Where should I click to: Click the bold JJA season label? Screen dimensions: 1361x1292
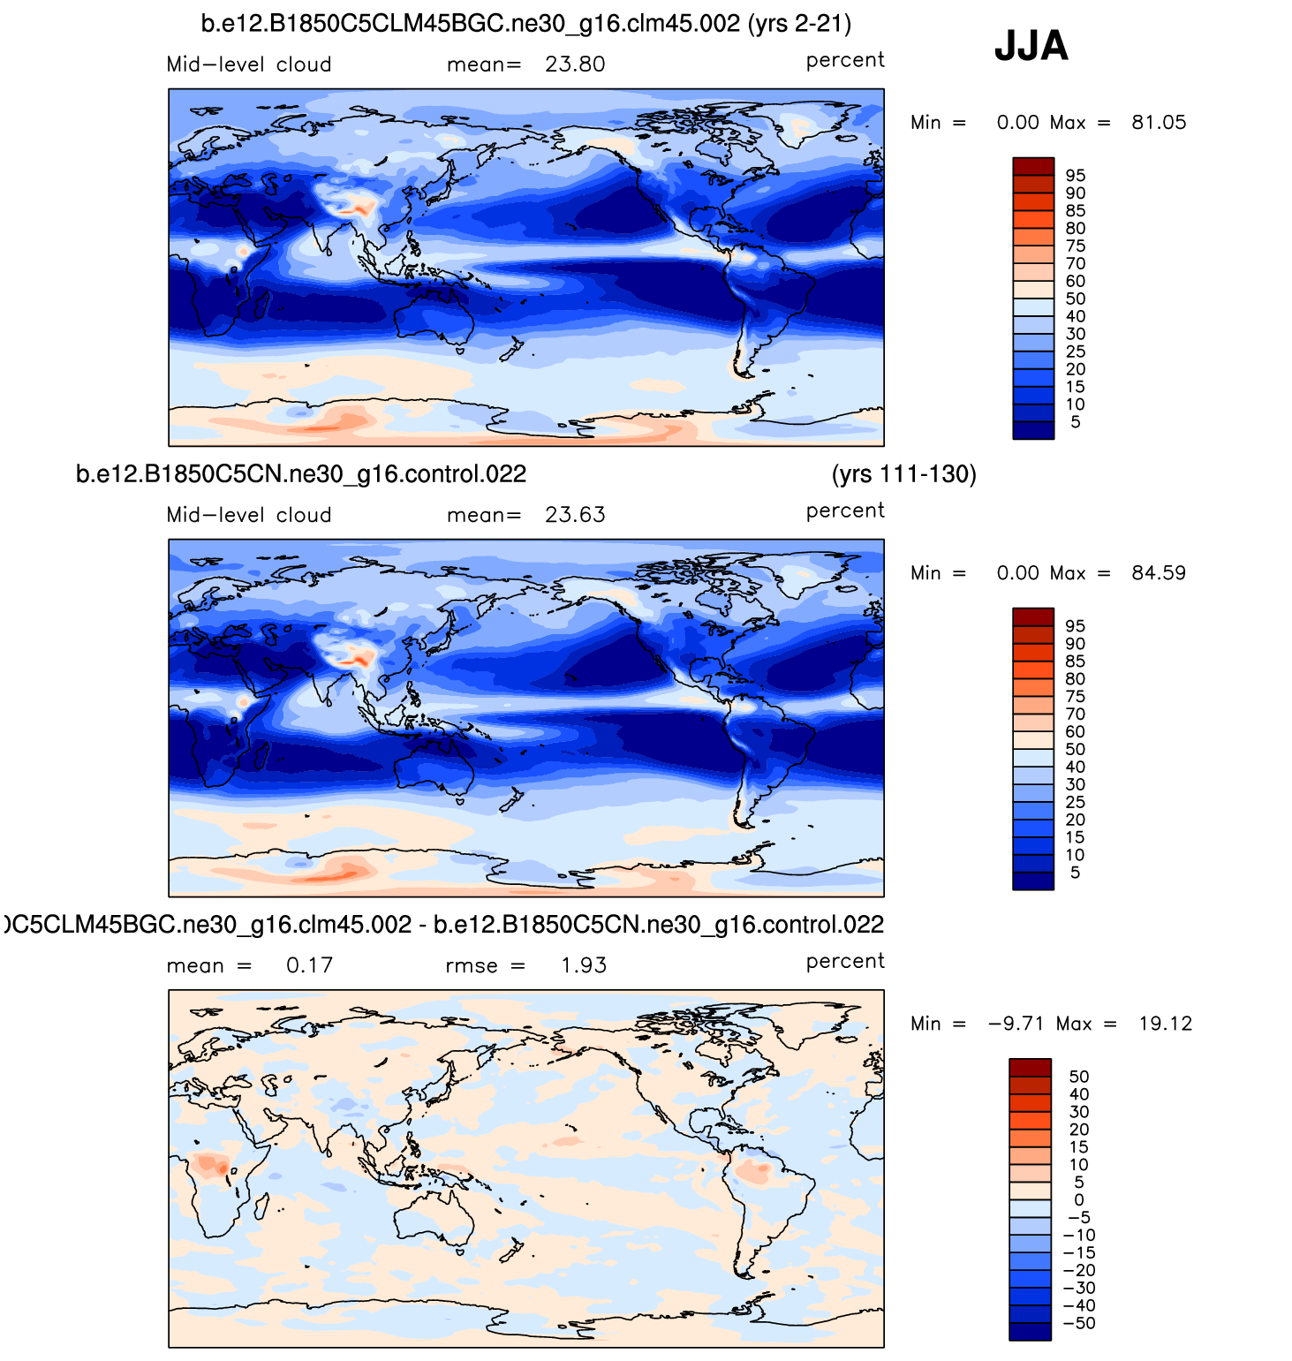click(x=1031, y=46)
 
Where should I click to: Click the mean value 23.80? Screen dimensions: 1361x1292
click(x=575, y=64)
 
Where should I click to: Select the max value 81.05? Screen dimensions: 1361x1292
click(x=1159, y=123)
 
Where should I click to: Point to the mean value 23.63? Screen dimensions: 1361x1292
click(x=575, y=515)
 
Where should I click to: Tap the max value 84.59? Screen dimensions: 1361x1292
click(x=1159, y=573)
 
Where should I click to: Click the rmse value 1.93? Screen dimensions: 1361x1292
click(x=584, y=965)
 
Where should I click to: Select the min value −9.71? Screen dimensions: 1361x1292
click(x=1016, y=1024)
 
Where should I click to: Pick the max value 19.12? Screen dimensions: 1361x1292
click(x=1165, y=1024)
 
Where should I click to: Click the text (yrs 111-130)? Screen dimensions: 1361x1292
click(x=903, y=474)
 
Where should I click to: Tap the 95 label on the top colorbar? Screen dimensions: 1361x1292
click(x=1075, y=176)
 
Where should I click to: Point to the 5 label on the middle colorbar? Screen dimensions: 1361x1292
click(x=1075, y=873)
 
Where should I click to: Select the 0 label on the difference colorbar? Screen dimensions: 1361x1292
click(x=1079, y=1199)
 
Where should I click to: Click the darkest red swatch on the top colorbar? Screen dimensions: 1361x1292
click(x=1033, y=166)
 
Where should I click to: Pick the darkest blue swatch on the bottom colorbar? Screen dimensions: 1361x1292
click(x=1030, y=1332)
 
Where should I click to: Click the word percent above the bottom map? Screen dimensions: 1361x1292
click(x=845, y=961)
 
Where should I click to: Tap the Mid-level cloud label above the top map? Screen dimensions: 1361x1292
click(x=249, y=64)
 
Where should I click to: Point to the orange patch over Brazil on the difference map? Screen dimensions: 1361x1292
click(x=753, y=1172)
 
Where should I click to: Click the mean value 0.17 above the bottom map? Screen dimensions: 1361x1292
click(x=309, y=965)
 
